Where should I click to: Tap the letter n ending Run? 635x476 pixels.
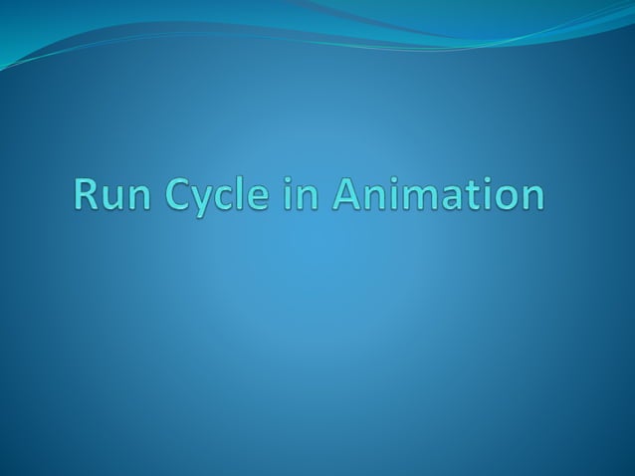click(x=154, y=197)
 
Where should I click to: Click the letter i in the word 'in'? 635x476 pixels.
click(x=300, y=193)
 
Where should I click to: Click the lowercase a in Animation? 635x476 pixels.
click(x=453, y=197)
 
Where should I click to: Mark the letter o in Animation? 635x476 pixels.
click(x=504, y=197)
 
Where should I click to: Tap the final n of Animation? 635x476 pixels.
click(x=531, y=197)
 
